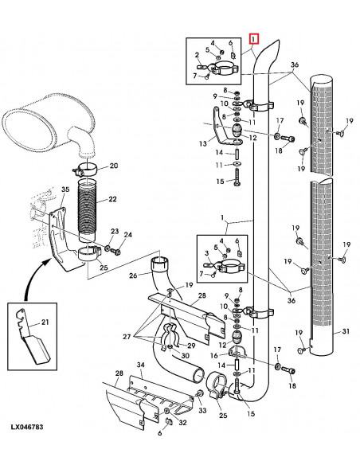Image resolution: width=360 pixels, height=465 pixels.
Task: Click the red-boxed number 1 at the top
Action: tap(253, 37)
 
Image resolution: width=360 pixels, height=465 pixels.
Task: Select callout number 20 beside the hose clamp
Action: tap(113, 166)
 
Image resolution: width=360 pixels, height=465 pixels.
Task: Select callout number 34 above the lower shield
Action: tap(140, 365)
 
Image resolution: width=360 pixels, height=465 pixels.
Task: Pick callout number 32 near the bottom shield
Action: tap(182, 423)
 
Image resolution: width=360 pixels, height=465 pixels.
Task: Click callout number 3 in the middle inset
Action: tap(205, 252)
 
